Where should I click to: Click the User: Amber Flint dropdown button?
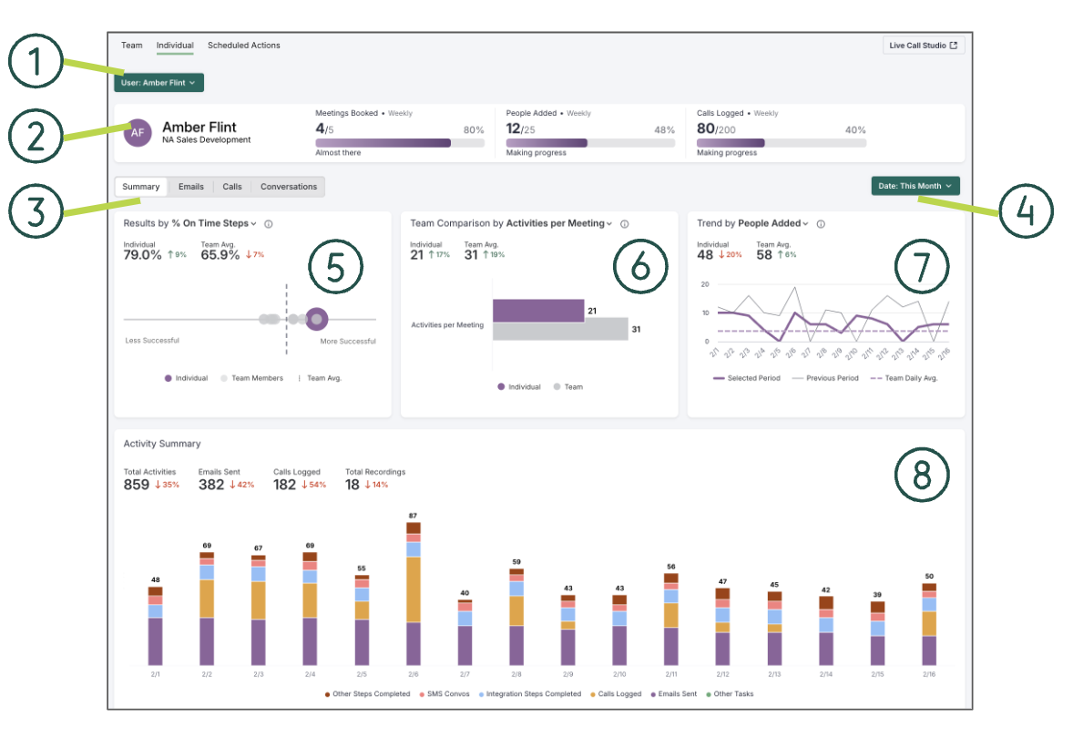coord(158,83)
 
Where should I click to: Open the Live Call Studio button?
coord(924,46)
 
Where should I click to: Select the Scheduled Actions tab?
coord(244,46)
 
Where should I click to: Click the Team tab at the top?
coord(132,46)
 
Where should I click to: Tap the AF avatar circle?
coord(138,132)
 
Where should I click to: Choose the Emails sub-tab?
coord(191,187)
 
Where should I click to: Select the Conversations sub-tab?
coord(289,187)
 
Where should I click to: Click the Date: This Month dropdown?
coord(915,186)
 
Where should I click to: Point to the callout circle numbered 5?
coord(335,267)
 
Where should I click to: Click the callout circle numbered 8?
coord(922,473)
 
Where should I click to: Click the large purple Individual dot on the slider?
coord(316,319)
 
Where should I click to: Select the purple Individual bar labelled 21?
coord(538,310)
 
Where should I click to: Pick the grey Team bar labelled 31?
coord(560,329)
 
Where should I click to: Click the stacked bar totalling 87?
coord(414,592)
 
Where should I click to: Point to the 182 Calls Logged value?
coord(285,485)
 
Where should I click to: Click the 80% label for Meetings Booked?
coord(474,130)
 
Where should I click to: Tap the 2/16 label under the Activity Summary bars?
coord(929,674)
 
